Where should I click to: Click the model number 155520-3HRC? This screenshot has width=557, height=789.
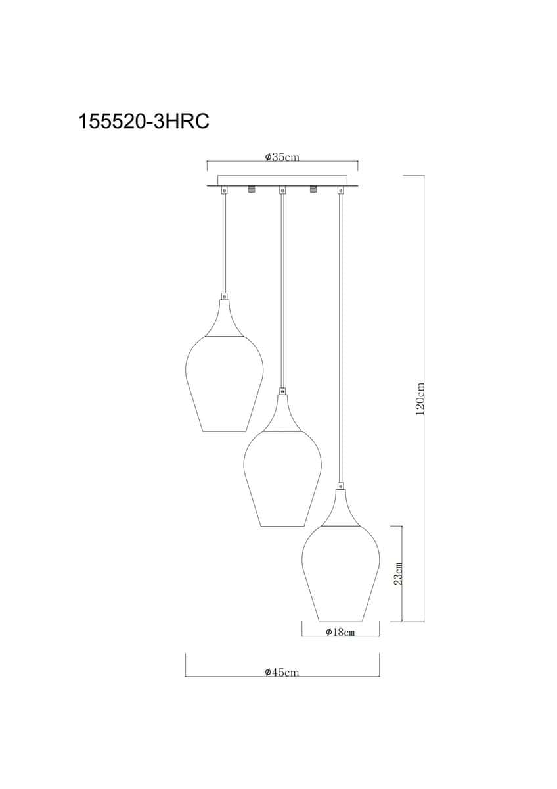coord(144,122)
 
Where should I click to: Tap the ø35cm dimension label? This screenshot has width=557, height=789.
coord(282,156)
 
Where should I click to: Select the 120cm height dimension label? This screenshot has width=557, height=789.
coord(420,398)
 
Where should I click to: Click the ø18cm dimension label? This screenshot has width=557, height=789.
coord(340,632)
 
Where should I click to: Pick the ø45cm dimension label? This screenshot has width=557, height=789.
coord(282,672)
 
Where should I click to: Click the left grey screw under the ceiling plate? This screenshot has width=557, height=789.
coord(251,189)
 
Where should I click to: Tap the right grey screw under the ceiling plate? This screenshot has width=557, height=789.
coord(313,189)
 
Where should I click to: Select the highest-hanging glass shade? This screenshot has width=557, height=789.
coord(224,383)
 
